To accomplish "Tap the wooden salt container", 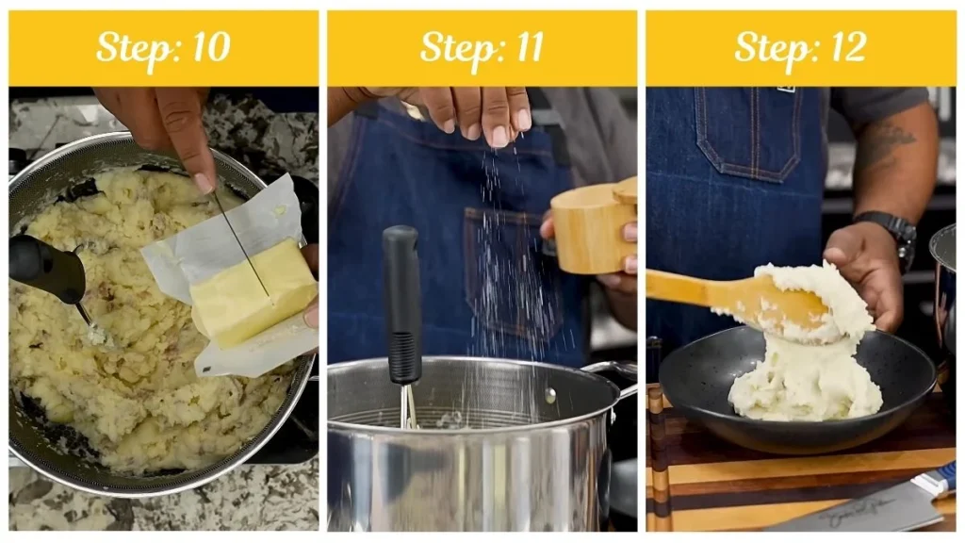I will (x=594, y=226).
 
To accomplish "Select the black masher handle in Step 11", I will (x=402, y=302).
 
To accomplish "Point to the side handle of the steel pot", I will (x=613, y=372).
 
